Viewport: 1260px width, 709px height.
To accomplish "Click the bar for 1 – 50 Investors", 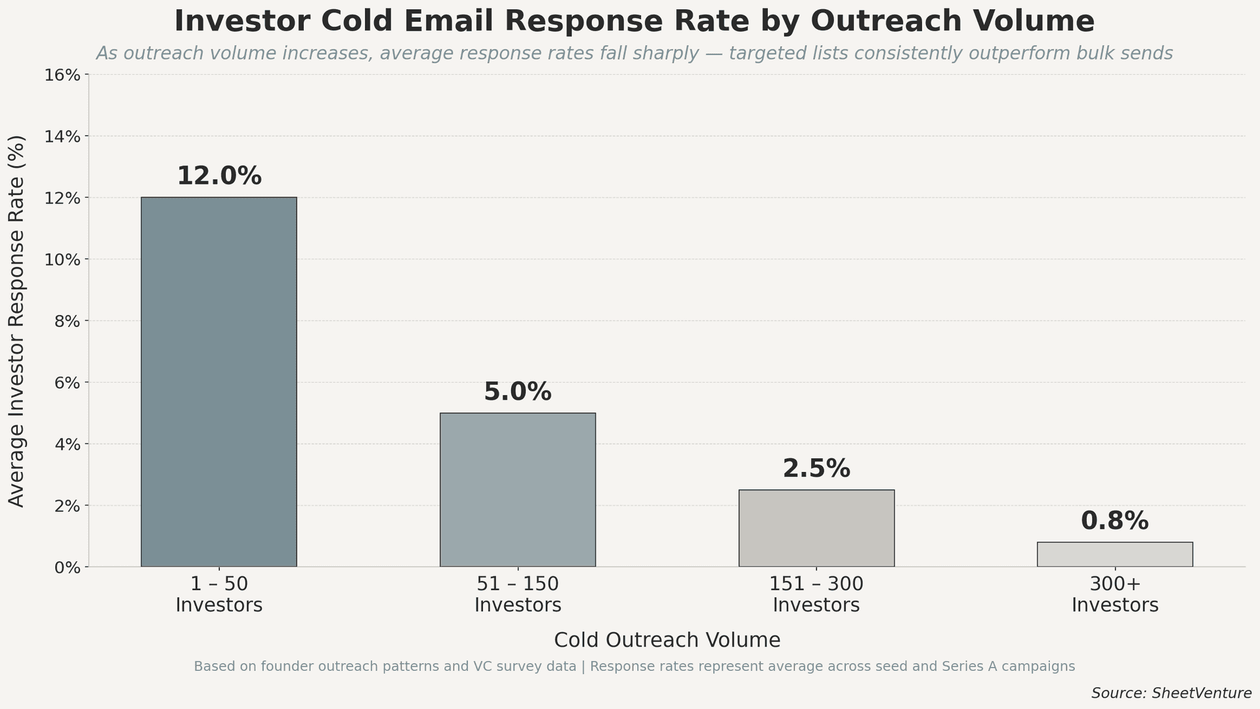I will (x=219, y=382).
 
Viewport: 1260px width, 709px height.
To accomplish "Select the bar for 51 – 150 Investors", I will (x=517, y=490).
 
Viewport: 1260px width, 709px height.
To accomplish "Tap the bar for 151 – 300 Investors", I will (x=816, y=528).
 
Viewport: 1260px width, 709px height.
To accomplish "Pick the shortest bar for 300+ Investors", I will (x=1114, y=555).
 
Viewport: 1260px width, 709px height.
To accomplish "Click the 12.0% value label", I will (x=219, y=176).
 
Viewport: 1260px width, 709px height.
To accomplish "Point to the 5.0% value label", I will (x=517, y=392).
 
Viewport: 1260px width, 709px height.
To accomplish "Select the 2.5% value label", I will (x=816, y=469).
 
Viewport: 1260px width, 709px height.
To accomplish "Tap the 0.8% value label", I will (x=1114, y=521).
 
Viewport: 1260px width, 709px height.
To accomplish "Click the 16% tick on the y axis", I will (x=62, y=75).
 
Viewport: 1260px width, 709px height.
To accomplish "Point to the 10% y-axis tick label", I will (x=62, y=259).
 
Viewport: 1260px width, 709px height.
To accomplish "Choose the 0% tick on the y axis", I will (x=66, y=567).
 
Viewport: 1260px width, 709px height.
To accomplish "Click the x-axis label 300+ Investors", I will (x=1114, y=594).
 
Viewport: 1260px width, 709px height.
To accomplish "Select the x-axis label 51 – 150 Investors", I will (x=517, y=594).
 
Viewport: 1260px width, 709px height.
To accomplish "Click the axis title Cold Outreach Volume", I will (x=667, y=640).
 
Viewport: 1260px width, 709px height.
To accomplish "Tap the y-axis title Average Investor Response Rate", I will (x=17, y=320).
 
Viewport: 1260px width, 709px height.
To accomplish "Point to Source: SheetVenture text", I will (x=1171, y=693).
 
